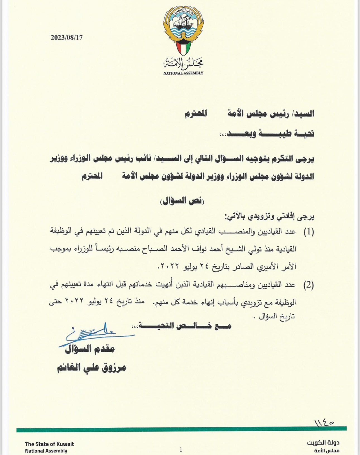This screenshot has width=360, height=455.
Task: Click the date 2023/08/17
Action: [66, 38]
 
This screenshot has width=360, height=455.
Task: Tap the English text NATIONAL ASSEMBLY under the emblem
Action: [183, 73]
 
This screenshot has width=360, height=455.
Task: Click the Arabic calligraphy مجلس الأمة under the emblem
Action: [183, 64]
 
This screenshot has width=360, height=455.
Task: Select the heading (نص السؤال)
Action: [182, 201]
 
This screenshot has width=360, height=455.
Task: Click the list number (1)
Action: [309, 232]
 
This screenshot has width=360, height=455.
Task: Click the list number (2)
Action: [309, 285]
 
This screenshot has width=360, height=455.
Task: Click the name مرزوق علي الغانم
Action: [92, 368]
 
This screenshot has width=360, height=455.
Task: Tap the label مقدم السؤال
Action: [90, 349]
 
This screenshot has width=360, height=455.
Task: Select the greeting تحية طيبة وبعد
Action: [267, 133]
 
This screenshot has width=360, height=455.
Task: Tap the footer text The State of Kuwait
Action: [49, 444]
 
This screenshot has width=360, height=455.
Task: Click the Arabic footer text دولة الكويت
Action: [323, 443]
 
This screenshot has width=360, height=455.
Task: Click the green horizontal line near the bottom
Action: [181, 429]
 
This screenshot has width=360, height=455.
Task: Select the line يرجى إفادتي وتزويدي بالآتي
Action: [270, 217]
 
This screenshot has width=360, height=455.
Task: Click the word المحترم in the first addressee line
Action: [196, 114]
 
